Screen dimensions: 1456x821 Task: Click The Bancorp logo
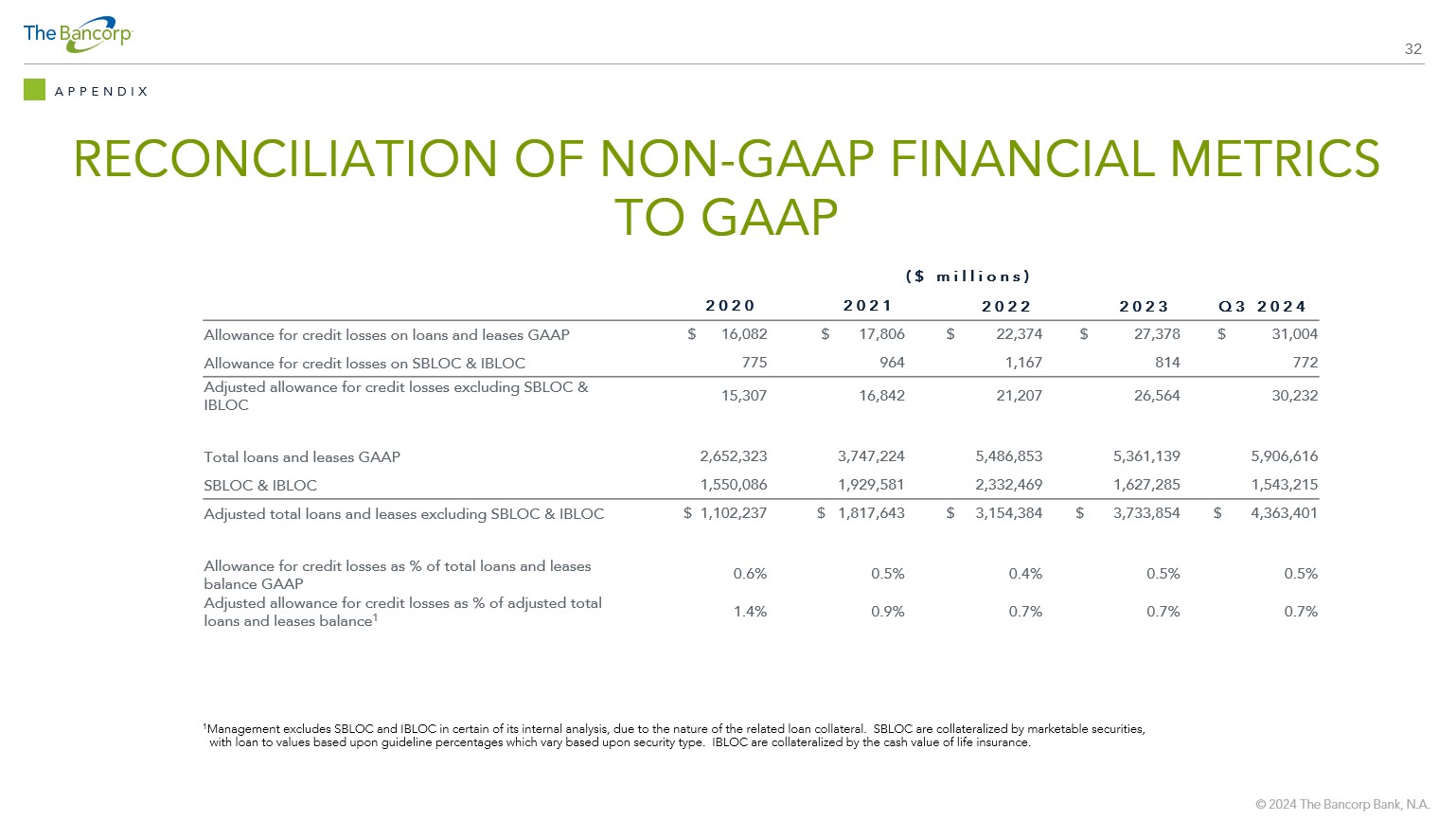(x=78, y=34)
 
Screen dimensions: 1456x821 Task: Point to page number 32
(x=1412, y=49)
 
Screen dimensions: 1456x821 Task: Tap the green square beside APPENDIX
(x=34, y=90)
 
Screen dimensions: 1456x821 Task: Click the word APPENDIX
(x=101, y=92)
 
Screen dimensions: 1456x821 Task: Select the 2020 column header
(x=730, y=306)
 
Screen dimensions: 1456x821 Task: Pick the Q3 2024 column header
(x=1262, y=306)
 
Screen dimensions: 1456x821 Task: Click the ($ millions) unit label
(x=968, y=277)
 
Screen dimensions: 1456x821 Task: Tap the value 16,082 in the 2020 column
(x=743, y=334)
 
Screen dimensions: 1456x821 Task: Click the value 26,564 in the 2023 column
(x=1157, y=395)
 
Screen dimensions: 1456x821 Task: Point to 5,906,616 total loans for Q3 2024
(x=1285, y=456)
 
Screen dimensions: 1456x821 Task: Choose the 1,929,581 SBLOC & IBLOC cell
(x=871, y=484)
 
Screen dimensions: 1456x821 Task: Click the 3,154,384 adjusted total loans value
(x=1009, y=513)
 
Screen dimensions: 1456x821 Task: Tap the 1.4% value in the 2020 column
(x=750, y=611)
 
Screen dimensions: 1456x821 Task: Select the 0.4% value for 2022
(x=1025, y=573)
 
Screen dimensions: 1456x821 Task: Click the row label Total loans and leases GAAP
(x=302, y=457)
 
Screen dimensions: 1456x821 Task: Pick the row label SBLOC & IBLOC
(x=260, y=485)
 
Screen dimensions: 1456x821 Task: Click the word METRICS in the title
(x=1268, y=158)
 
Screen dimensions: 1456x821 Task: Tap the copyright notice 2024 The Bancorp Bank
(x=1342, y=804)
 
